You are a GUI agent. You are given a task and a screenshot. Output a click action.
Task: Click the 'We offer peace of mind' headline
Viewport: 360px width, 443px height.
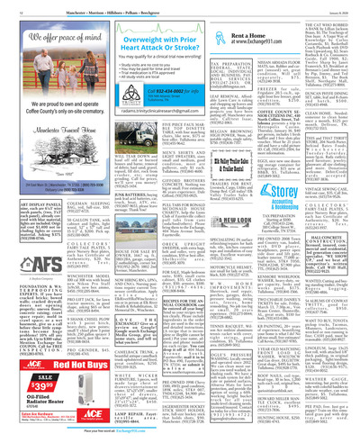point(48,41)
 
